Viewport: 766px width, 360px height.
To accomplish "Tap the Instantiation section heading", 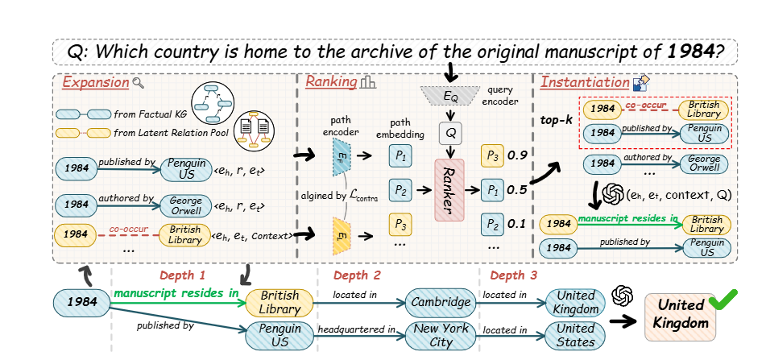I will tap(585, 82).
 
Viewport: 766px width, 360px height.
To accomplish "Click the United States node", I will tap(575, 334).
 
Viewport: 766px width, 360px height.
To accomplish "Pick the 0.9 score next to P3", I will tap(520, 153).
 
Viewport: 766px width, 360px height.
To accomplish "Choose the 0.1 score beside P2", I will tap(520, 223).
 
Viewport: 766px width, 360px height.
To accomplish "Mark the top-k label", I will tap(556, 120).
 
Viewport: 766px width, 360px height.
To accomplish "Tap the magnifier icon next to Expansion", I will tap(139, 82).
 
